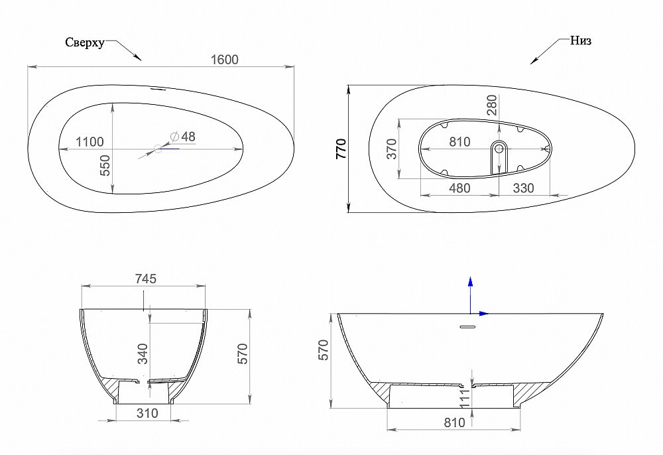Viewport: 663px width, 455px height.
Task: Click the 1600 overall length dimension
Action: (x=224, y=59)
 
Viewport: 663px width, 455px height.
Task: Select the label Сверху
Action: (x=84, y=42)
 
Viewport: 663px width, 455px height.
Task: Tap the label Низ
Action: (x=580, y=40)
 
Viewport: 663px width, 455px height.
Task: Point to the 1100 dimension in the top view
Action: (x=90, y=141)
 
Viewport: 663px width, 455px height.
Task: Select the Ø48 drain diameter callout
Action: (x=183, y=136)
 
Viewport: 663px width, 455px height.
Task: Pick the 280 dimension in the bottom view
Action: (x=491, y=105)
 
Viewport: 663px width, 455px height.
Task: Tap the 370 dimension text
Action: (x=391, y=148)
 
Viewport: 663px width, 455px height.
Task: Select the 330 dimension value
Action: (x=523, y=188)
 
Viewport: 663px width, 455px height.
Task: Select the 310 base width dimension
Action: (x=147, y=413)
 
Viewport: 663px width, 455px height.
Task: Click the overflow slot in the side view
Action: (x=469, y=327)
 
